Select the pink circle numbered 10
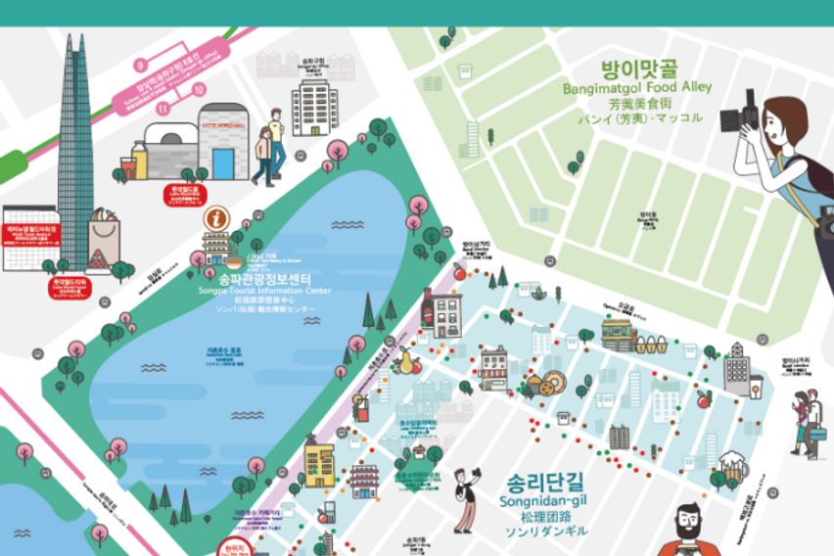200,89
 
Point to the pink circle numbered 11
162,109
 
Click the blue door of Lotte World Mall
224,161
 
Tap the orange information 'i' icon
216,218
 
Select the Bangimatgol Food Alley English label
637,88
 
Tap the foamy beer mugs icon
731,468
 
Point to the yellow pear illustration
402,360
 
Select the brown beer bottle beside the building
427,307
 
